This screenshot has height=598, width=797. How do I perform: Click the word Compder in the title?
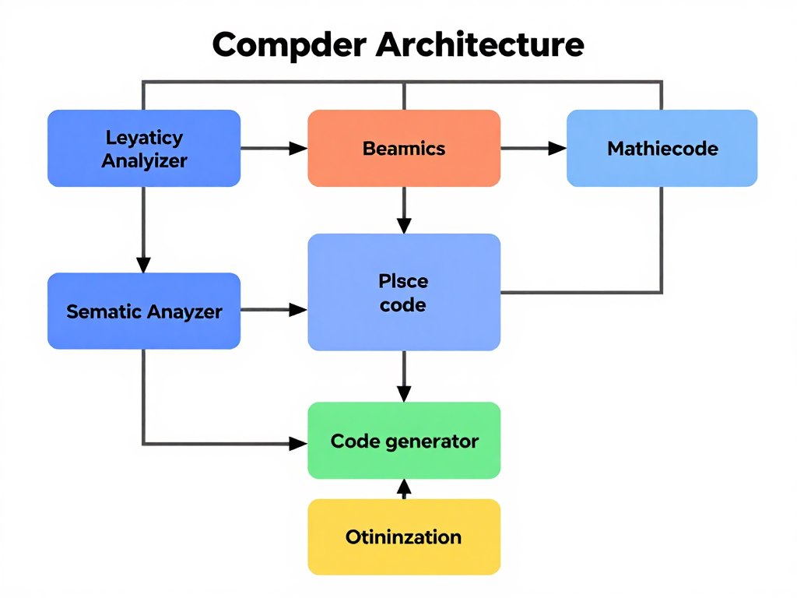pos(289,46)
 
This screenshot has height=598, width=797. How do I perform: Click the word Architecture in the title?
pos(479,44)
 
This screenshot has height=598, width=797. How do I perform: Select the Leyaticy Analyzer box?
pos(144,149)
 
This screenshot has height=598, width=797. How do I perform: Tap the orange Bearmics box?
pos(404,148)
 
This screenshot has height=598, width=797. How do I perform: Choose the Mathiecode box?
pos(662,148)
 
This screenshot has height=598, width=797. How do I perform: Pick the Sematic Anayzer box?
pos(144,311)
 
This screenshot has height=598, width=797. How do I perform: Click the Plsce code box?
pos(404,291)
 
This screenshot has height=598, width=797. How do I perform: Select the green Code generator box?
pos(404,441)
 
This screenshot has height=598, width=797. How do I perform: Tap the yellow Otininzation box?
pos(404,536)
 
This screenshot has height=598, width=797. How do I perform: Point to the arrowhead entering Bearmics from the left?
pos(299,148)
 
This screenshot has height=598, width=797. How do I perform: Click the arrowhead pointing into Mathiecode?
pos(557,148)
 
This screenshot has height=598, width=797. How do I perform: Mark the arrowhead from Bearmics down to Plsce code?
pos(404,226)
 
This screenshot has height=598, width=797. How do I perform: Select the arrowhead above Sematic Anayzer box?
pos(144,265)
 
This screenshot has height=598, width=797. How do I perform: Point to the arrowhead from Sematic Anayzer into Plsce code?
pos(299,310)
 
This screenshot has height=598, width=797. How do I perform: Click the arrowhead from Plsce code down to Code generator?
pos(404,394)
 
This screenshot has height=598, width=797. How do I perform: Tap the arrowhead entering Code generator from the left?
pos(299,444)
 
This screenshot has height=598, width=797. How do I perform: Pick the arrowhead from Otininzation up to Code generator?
pos(404,487)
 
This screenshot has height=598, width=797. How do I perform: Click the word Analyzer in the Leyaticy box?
pos(144,161)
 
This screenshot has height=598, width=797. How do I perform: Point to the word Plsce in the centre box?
pos(403,280)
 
